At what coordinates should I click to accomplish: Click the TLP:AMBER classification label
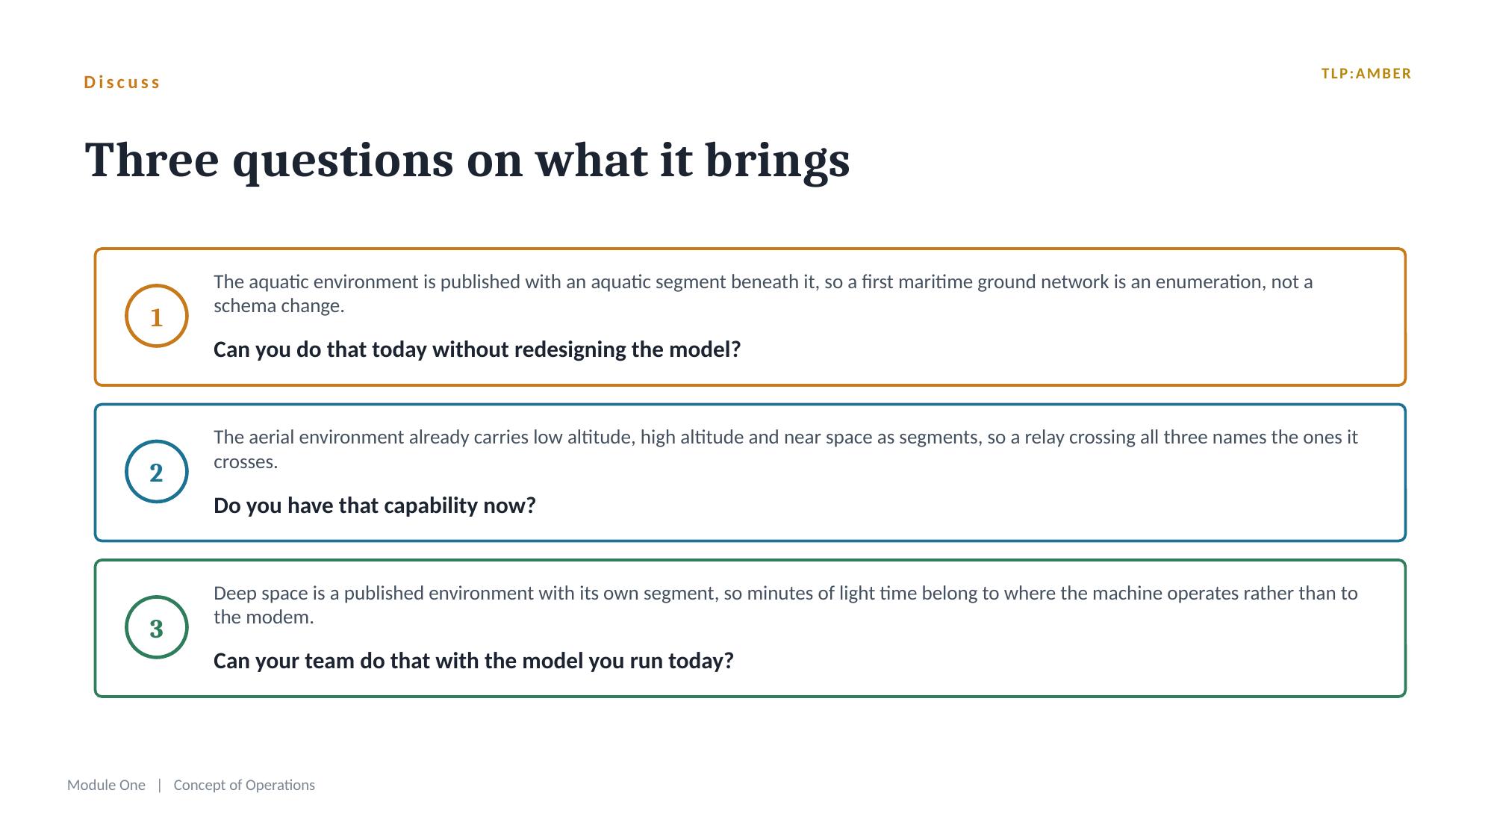1366,74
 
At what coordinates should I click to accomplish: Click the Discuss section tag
122,82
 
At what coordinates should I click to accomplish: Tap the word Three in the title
152,160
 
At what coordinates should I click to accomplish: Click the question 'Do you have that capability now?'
375,505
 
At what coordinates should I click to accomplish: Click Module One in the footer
106,785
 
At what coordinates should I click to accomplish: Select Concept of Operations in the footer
244,785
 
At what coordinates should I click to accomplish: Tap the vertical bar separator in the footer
160,785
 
